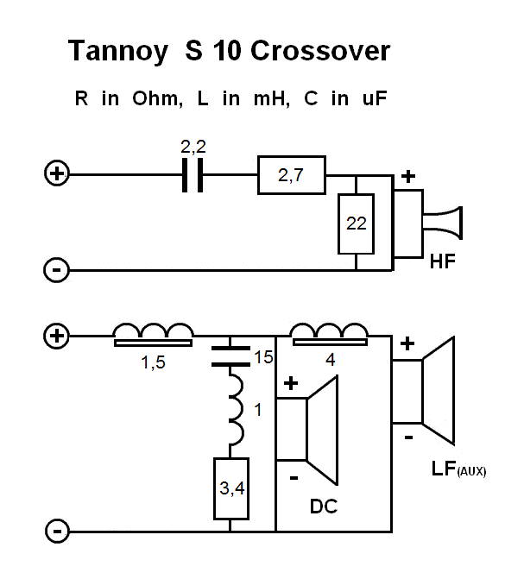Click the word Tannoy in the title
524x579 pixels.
click(x=118, y=51)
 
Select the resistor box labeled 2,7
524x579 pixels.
click(x=292, y=175)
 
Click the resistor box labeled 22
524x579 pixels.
click(x=356, y=223)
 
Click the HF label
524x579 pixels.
click(x=442, y=259)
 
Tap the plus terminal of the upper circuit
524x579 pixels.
click(x=56, y=174)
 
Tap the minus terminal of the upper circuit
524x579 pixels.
click(x=56, y=271)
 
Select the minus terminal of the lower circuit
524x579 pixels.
click(x=56, y=531)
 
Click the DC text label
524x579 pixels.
click(x=324, y=507)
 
